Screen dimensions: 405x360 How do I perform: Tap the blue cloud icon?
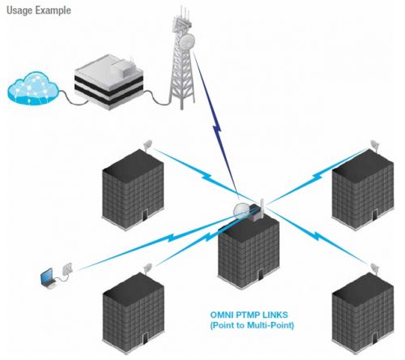[33, 88]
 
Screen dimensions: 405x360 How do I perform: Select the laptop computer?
[48, 278]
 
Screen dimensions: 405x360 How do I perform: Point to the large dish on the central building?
[241, 210]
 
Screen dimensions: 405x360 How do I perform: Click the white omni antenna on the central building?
[262, 208]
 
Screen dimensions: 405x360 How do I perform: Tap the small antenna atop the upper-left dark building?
[148, 145]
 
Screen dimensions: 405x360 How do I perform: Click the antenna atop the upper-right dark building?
[375, 145]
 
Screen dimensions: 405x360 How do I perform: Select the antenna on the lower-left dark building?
[147, 268]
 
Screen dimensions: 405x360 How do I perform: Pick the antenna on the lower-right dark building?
[374, 268]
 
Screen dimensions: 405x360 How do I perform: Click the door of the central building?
[261, 274]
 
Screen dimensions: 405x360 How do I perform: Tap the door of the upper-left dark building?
[145, 215]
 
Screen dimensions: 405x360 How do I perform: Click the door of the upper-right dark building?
[374, 216]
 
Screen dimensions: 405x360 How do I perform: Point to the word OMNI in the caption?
[222, 315]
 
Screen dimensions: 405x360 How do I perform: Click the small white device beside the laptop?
[67, 268]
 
